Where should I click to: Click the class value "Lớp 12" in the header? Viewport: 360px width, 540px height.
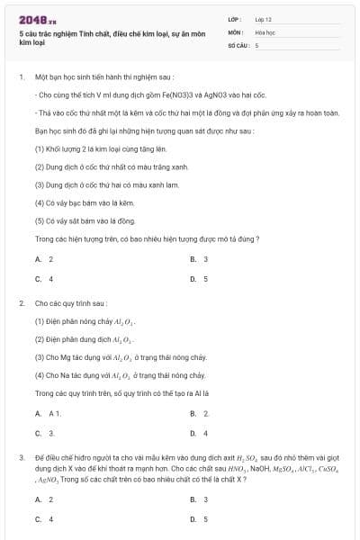pos(264,18)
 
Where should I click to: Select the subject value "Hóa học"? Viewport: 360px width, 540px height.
pos(265,31)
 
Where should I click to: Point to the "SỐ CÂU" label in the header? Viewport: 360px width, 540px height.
pos(238,44)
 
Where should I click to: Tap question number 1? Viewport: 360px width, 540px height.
pos(21,77)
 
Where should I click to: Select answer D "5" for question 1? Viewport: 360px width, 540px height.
pos(199,279)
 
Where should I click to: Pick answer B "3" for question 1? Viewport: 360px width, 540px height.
pos(199,259)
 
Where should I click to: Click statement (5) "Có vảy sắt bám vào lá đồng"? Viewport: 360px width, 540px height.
pos(85,220)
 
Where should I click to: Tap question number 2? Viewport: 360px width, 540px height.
pos(21,304)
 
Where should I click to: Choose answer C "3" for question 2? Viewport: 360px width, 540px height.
pos(43,433)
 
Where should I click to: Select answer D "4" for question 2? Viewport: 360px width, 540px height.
pos(199,433)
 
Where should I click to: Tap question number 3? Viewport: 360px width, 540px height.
pos(21,458)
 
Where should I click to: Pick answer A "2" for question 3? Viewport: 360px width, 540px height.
pos(43,499)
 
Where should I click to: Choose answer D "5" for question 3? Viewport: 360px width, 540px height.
pos(199,519)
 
